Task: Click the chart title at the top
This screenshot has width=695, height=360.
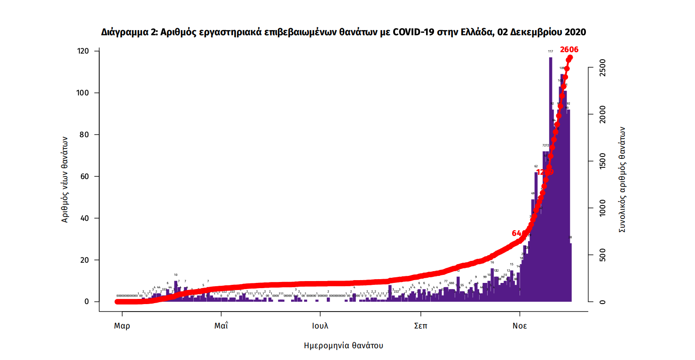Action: pyautogui.click(x=344, y=32)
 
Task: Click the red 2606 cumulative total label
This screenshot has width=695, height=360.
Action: pyautogui.click(x=569, y=50)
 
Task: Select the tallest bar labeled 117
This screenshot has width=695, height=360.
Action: pyautogui.click(x=550, y=179)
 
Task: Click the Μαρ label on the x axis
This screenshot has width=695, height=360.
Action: pyautogui.click(x=122, y=326)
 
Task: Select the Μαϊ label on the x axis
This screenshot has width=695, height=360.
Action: pyautogui.click(x=221, y=326)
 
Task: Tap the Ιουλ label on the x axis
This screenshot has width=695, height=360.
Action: pyautogui.click(x=320, y=326)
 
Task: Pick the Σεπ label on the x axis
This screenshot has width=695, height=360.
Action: pyautogui.click(x=420, y=326)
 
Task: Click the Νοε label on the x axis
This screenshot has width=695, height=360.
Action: pyautogui.click(x=520, y=326)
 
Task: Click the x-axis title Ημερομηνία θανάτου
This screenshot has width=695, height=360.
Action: pyautogui.click(x=344, y=346)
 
